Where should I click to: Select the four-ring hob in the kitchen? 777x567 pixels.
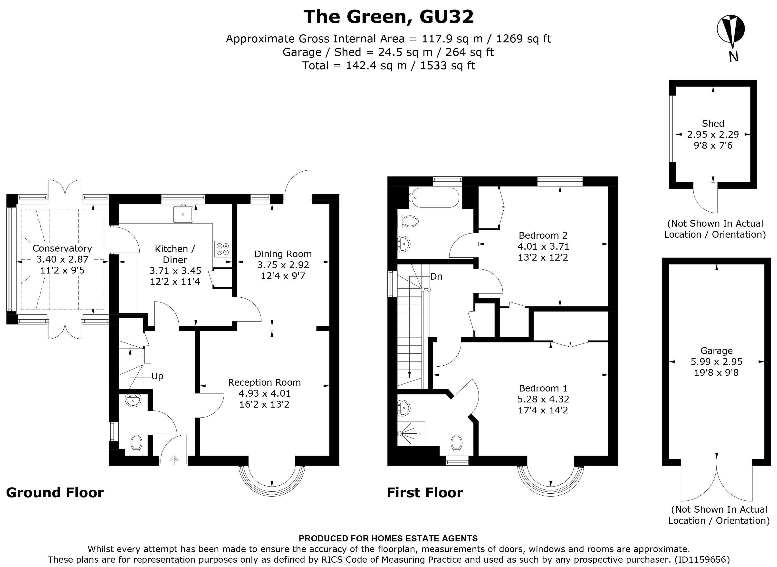coord(223,249)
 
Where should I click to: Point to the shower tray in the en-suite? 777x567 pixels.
coord(411,434)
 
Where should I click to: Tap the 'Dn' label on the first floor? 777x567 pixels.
coord(436,276)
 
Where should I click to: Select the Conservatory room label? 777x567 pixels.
coord(62,248)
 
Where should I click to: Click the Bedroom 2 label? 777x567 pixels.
coord(543,235)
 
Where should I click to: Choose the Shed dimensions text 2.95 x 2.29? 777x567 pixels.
coord(713,135)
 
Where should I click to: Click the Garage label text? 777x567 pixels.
coord(716,351)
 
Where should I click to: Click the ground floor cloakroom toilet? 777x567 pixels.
coord(136,444)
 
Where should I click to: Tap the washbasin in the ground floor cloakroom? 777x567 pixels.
coord(133,401)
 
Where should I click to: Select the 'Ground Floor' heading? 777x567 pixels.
coord(55,492)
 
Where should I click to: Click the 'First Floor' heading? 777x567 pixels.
coord(425,492)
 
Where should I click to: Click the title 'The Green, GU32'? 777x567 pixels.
coord(388,17)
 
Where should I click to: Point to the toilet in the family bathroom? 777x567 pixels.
coord(409,221)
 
